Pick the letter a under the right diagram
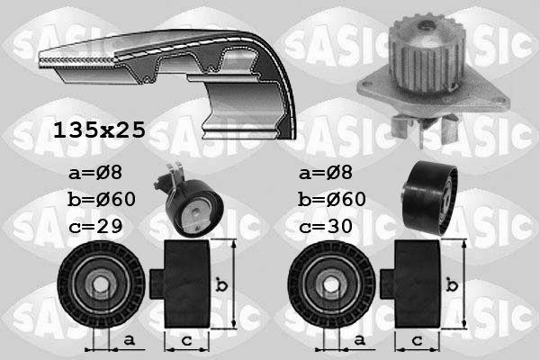[x=360, y=339]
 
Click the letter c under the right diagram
[x=417, y=339]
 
